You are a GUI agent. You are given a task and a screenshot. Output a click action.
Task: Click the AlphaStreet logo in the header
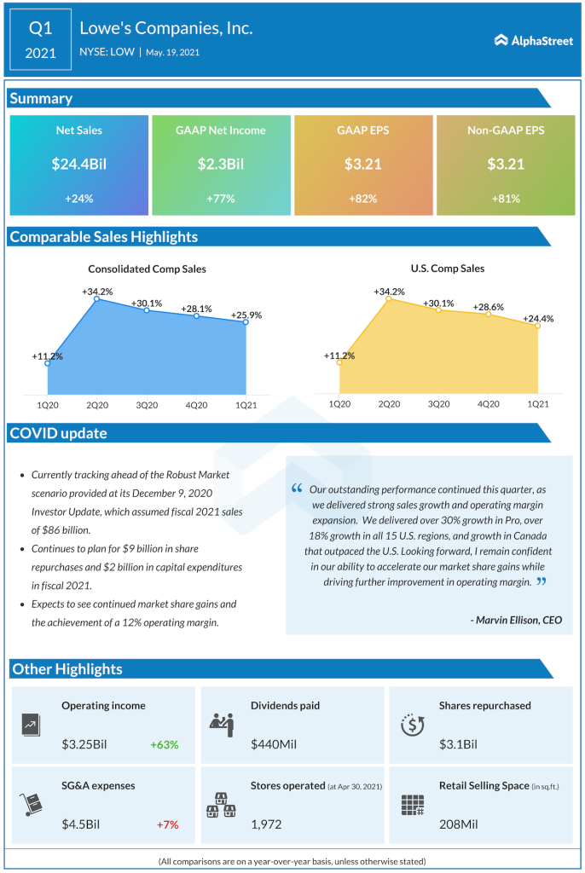point(533,40)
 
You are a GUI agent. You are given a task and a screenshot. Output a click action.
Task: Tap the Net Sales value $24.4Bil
point(78,164)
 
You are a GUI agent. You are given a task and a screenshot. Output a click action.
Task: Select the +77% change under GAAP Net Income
point(220,198)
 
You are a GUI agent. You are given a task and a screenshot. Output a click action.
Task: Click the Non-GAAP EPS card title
point(506,130)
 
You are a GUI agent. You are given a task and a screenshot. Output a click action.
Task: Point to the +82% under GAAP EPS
point(362,198)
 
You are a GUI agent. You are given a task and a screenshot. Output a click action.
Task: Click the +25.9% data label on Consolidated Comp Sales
point(246,315)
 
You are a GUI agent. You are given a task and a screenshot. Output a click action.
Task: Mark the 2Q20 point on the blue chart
point(96,298)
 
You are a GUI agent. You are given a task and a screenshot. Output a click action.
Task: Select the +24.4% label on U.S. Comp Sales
point(538,319)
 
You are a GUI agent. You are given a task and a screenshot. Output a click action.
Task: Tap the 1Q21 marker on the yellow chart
point(538,326)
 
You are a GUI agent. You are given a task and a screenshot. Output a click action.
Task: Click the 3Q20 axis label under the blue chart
point(147,404)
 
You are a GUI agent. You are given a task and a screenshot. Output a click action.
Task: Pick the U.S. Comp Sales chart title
point(447,269)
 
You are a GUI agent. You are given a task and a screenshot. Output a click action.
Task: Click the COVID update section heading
point(59,433)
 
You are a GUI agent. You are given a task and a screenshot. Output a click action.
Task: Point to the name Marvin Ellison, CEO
point(516,620)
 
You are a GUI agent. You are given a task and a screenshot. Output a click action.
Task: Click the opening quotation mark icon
point(297,489)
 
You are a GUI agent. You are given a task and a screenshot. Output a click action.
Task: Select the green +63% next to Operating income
point(165,744)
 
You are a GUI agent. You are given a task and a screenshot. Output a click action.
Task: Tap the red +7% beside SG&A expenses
point(167,824)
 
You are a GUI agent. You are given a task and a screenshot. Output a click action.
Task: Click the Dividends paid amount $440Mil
point(274,744)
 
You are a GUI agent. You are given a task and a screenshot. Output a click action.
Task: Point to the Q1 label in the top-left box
point(40,28)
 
